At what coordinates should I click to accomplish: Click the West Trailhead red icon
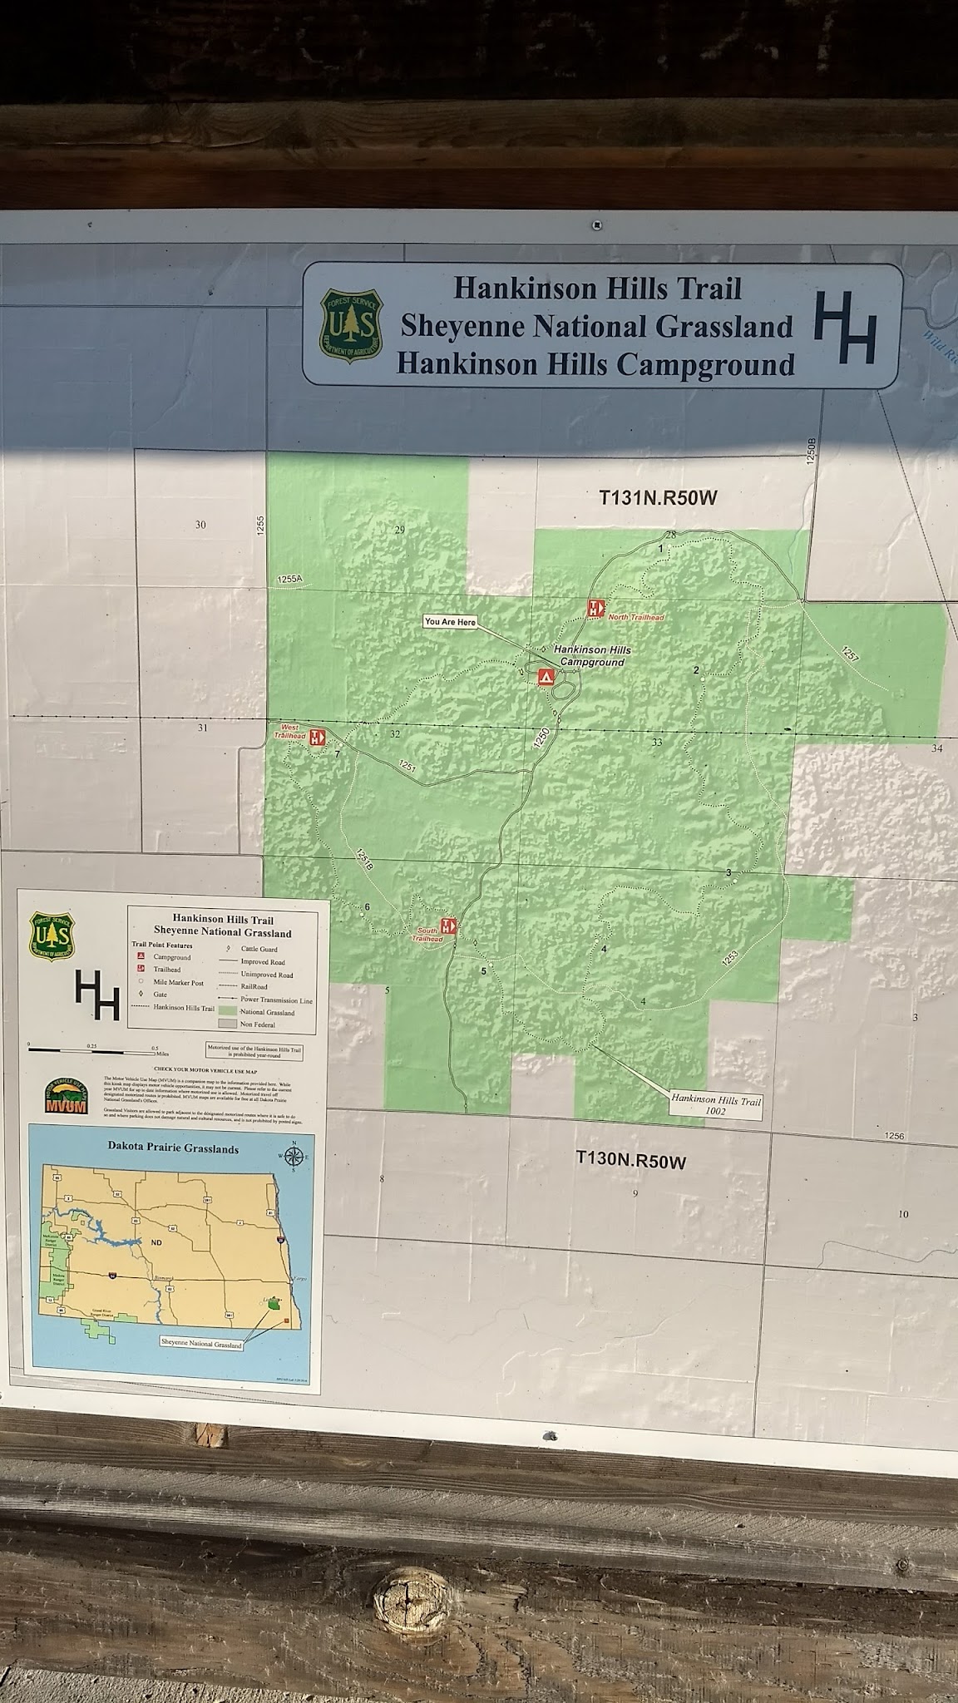click(317, 737)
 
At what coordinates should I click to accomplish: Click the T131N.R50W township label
click(658, 498)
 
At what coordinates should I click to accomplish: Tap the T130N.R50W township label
click(631, 1160)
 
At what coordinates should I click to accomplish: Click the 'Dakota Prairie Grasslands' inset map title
click(173, 1148)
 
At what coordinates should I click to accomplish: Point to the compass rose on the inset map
click(293, 1157)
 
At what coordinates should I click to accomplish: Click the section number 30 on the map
click(200, 525)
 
